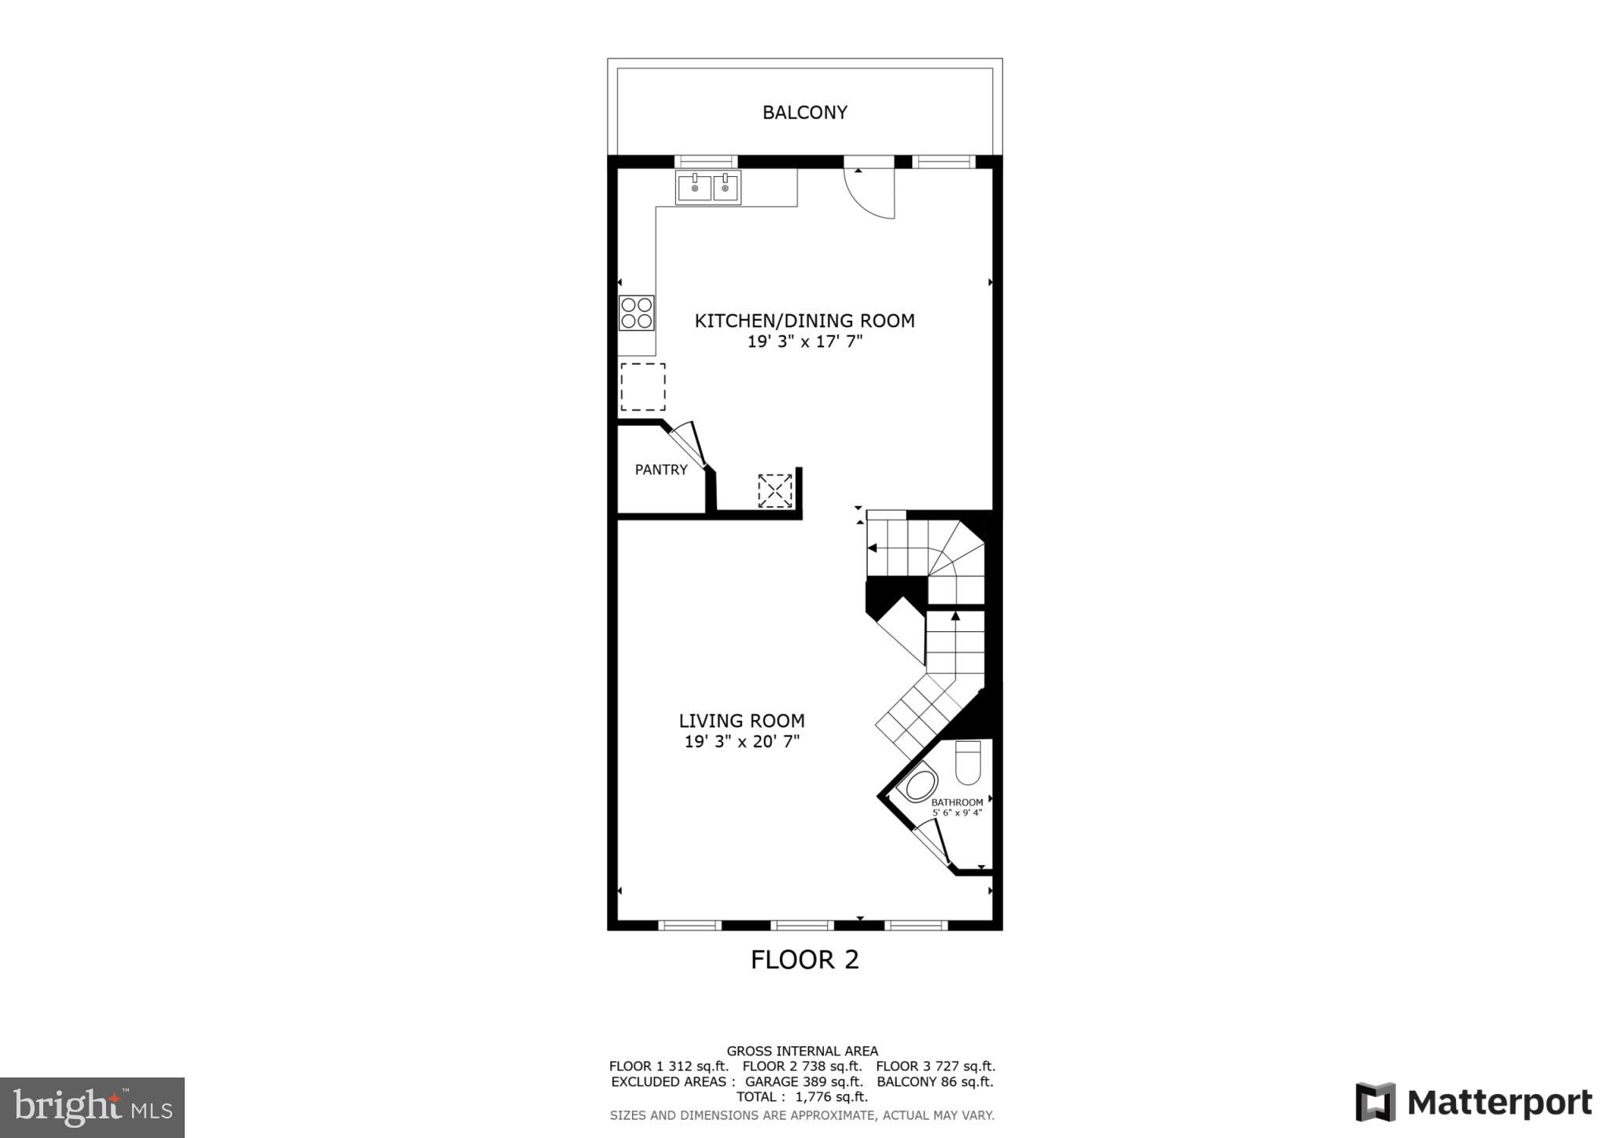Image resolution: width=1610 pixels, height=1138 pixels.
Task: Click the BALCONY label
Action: point(804,112)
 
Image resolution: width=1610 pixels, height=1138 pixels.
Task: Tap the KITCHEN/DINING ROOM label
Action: point(804,321)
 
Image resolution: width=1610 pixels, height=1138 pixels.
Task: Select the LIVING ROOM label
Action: point(741,721)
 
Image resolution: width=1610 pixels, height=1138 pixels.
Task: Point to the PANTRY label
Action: point(661,470)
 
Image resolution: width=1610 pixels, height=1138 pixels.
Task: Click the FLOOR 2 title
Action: point(804,960)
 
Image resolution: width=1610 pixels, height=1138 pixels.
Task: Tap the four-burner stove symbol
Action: point(636,313)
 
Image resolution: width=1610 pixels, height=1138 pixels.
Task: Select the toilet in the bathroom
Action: point(968,762)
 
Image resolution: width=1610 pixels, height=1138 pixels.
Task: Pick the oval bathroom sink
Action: point(917,785)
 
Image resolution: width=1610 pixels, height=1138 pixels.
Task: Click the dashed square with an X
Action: point(775,491)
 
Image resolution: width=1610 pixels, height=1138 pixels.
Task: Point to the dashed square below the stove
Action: point(643,387)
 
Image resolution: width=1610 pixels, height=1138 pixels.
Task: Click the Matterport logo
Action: point(1473,1102)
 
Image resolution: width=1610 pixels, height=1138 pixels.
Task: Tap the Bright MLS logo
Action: point(92,1107)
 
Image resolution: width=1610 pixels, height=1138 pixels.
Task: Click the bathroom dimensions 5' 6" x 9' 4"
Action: point(957,813)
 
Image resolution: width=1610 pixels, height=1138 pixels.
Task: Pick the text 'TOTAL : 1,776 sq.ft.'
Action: point(802,1097)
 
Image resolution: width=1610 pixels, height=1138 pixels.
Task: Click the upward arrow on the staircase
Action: point(955,618)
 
